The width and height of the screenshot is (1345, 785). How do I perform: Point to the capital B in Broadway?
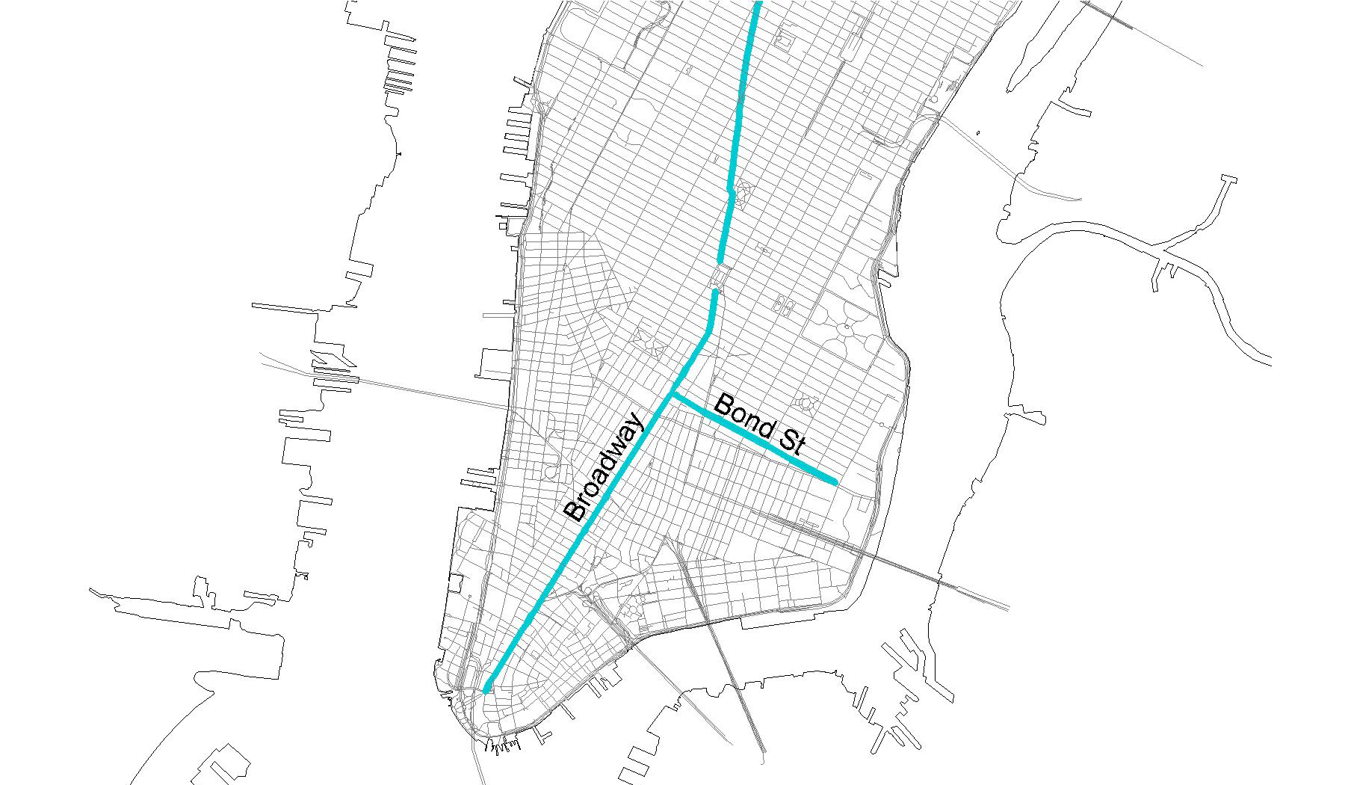(575, 511)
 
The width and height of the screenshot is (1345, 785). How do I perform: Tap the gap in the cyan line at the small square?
(718, 278)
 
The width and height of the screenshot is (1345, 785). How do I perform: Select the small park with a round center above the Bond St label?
(806, 404)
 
